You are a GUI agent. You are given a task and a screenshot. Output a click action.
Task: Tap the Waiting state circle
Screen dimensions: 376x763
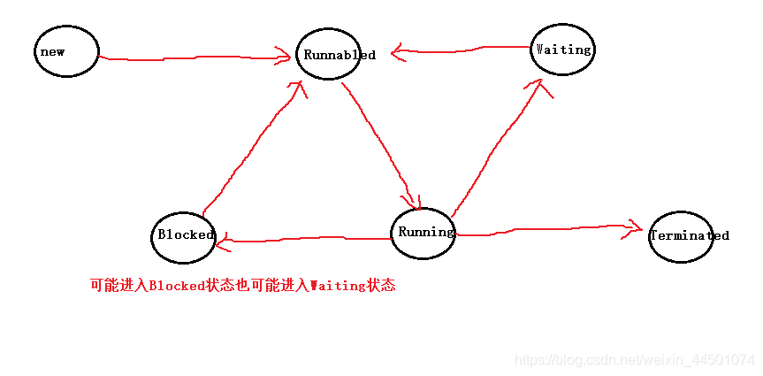coord(563,49)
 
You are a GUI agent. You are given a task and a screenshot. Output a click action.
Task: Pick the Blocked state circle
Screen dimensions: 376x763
coord(183,235)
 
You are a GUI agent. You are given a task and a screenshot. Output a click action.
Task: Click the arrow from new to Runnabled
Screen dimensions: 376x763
coord(195,58)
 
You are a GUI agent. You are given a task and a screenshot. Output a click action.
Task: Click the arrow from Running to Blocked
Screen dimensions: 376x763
coord(305,238)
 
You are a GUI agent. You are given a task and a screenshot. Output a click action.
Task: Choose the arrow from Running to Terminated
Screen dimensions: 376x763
coord(548,231)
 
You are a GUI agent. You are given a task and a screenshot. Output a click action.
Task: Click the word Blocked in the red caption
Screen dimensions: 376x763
coord(176,286)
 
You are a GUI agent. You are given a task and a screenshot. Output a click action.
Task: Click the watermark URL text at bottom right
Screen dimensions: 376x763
coord(634,361)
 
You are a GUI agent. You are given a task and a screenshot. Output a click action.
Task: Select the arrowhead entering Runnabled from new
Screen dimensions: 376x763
coord(284,58)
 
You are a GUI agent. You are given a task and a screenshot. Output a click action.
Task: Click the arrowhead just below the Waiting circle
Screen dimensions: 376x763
coord(535,86)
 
